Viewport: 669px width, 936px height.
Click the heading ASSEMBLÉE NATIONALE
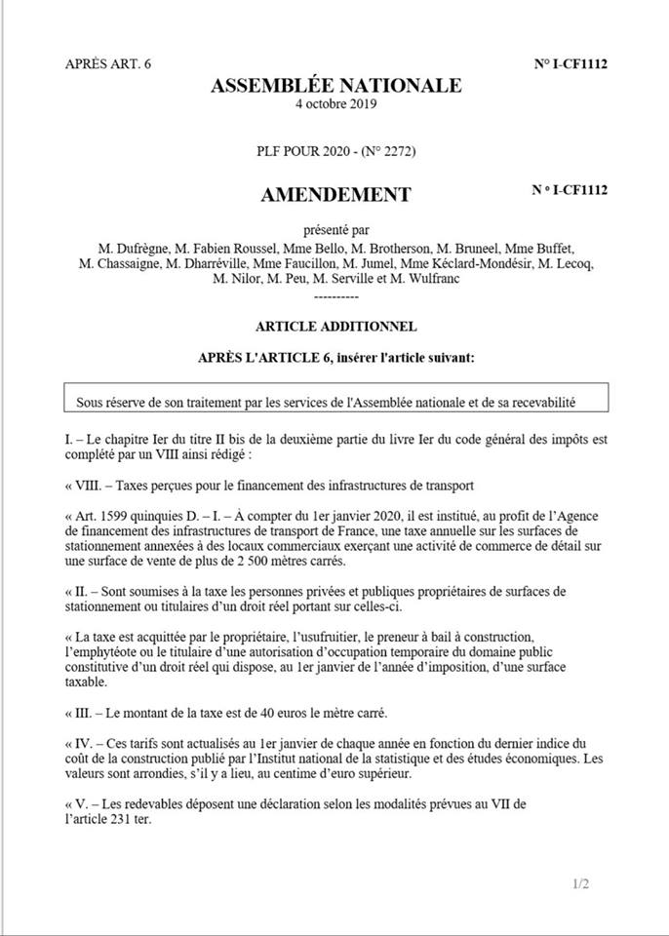point(336,86)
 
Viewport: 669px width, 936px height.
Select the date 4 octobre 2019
point(336,103)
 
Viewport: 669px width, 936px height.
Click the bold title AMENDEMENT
point(336,195)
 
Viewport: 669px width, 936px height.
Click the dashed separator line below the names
point(336,293)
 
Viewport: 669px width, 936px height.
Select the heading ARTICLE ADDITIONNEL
point(336,326)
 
